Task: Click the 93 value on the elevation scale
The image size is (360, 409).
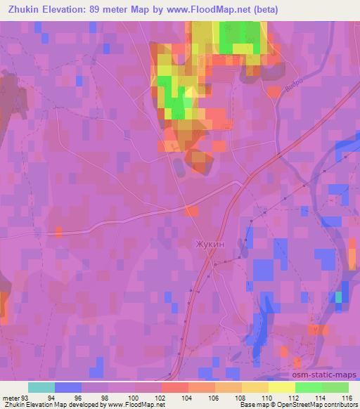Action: coord(25,397)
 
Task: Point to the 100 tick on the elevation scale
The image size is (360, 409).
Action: coord(135,397)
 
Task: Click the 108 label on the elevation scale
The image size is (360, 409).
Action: coord(242,397)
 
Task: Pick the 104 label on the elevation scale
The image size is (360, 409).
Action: coord(188,397)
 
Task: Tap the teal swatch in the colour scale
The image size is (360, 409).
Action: coord(41,387)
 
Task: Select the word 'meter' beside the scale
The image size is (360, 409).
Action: coord(10,397)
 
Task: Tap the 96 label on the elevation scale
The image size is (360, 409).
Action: coord(82,397)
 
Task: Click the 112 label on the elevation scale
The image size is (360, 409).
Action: coord(295,397)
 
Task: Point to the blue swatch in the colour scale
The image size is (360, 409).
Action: coord(68,387)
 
